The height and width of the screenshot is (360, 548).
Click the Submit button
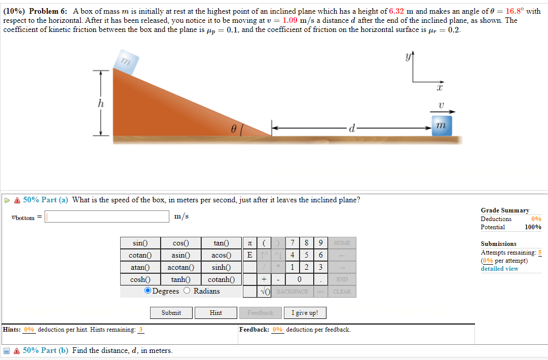pos(171,313)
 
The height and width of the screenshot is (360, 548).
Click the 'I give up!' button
pos(305,313)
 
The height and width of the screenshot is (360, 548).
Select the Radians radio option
pos(187,291)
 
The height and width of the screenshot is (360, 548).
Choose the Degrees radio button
pos(148,291)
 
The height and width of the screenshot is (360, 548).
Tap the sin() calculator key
pos(140,243)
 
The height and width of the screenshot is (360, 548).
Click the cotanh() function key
pos(221,279)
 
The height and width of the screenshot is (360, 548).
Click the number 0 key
pos(300,279)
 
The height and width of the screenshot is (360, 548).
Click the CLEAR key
pos(342,292)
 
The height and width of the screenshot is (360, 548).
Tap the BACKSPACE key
pos(293,292)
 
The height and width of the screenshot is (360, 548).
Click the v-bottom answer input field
pos(107,217)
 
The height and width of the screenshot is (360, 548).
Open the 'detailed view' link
pos(499,269)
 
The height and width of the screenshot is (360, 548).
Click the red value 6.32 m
pos(401,11)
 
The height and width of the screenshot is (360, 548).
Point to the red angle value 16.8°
pos(515,11)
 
